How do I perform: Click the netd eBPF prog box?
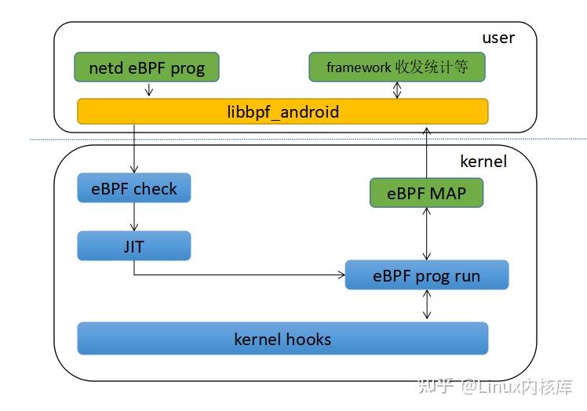pyautogui.click(x=147, y=67)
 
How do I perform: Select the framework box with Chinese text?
pyautogui.click(x=397, y=67)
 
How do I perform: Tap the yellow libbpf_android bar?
pyautogui.click(x=283, y=111)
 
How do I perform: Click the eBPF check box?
pyautogui.click(x=134, y=188)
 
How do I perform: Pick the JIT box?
pyautogui.click(x=134, y=246)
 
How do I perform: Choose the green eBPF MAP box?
pyautogui.click(x=426, y=193)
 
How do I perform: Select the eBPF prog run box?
pyautogui.click(x=427, y=275)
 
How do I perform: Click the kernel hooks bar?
pyautogui.click(x=283, y=338)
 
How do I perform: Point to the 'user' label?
pyautogui.click(x=498, y=38)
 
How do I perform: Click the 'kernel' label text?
pyautogui.click(x=483, y=162)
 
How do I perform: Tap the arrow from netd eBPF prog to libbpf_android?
pyautogui.click(x=149, y=89)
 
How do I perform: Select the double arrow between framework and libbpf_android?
pyautogui.click(x=397, y=90)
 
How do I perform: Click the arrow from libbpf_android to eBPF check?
pyautogui.click(x=134, y=148)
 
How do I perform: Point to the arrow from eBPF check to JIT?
pyautogui.click(x=134, y=216)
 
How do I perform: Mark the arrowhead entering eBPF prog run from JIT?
pyautogui.click(x=342, y=275)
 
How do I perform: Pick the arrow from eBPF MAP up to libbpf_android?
pyautogui.click(x=426, y=153)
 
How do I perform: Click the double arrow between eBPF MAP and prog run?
pyautogui.click(x=426, y=234)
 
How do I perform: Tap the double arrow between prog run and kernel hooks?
pyautogui.click(x=427, y=304)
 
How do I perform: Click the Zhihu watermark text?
pyautogui.click(x=495, y=387)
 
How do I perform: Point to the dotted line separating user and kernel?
pyautogui.click(x=308, y=139)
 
